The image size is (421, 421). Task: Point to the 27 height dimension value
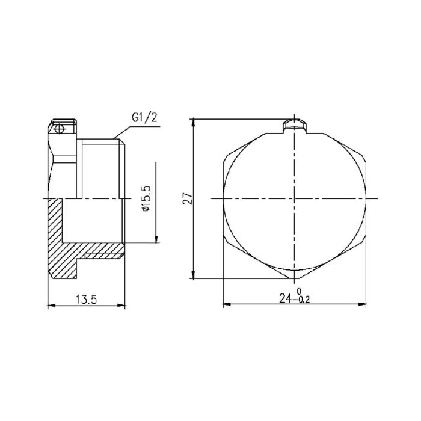point(187,198)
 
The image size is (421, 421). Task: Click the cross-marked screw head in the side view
point(57,129)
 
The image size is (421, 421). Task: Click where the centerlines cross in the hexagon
point(295,198)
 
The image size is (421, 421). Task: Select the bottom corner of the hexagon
point(295,279)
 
